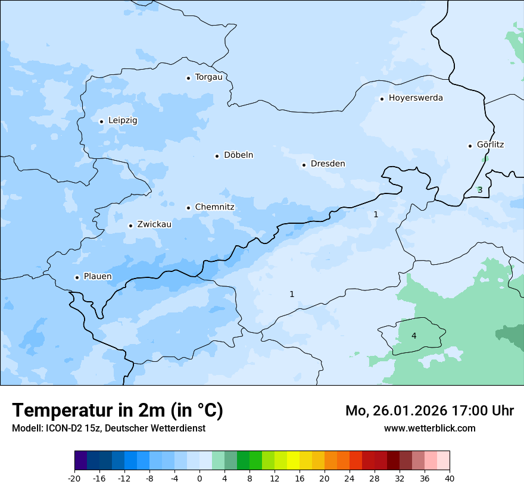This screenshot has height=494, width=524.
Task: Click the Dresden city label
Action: pos(327,164)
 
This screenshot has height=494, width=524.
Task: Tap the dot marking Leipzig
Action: pos(101,121)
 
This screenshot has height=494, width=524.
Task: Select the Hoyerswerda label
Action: pos(416,98)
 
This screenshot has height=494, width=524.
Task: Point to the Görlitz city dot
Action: pos(470,145)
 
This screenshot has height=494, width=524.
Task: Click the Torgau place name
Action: pos(208,77)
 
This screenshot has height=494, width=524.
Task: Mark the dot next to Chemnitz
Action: pos(188,208)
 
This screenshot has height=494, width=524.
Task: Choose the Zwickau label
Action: pos(154,224)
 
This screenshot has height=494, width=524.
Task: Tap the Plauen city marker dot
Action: pos(77,277)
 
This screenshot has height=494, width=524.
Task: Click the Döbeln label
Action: pos(238,155)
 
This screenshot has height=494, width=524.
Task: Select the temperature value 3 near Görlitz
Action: pos(480,190)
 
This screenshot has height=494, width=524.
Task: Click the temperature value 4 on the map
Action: pos(414,336)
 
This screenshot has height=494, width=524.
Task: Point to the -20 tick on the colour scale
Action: pos(74,479)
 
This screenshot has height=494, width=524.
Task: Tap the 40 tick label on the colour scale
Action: pos(450,479)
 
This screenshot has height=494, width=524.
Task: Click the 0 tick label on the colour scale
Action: pos(199,479)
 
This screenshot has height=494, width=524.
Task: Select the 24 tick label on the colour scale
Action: pos(350,479)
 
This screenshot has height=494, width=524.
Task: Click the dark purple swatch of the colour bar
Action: pos(80,461)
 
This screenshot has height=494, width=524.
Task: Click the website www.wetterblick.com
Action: pos(429,428)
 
